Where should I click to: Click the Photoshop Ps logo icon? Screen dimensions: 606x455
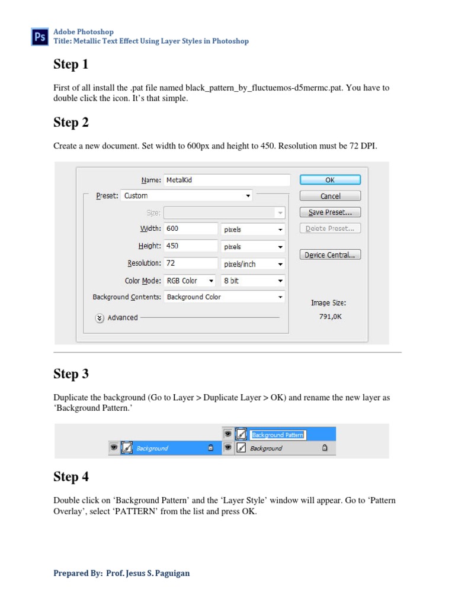[40, 37]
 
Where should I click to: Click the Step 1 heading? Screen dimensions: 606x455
[71, 64]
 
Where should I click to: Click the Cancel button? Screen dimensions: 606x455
[330, 196]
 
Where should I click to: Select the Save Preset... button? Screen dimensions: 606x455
[330, 212]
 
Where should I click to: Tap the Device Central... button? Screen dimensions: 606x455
[330, 255]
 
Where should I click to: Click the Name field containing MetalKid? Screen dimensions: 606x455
[226, 180]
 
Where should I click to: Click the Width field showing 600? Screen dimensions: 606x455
[191, 228]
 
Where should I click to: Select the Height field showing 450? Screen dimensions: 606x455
[191, 246]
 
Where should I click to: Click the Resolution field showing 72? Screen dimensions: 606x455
[191, 263]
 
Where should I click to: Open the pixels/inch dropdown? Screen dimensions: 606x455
[253, 264]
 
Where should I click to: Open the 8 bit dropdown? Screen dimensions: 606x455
[253, 281]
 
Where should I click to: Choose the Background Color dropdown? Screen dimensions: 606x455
[224, 297]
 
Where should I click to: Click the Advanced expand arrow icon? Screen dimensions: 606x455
[100, 318]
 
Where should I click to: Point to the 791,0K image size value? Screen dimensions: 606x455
[330, 317]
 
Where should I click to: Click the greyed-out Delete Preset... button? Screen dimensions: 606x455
[330, 228]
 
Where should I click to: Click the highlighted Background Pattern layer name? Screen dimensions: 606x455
[277, 435]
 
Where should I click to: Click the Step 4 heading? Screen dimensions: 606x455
[71, 476]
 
